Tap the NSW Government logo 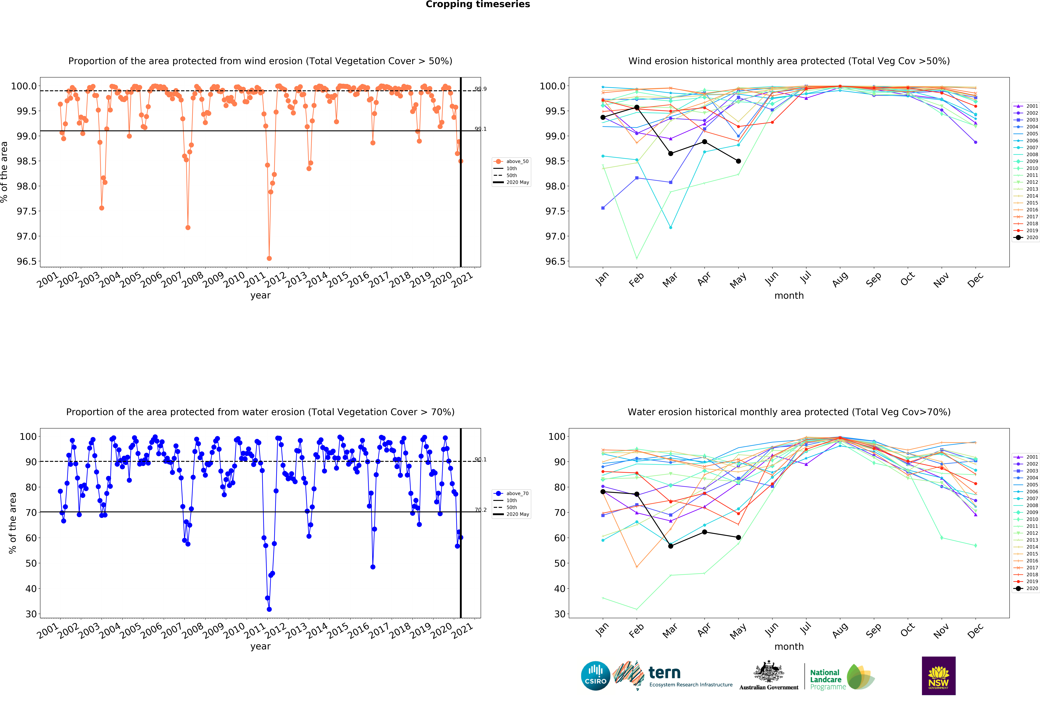[x=938, y=676]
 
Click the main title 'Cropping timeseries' [x=477, y=5]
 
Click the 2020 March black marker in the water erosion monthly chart [x=670, y=546]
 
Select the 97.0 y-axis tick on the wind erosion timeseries [x=26, y=236]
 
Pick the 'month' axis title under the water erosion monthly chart [x=789, y=647]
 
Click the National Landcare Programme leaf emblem [x=860, y=677]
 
